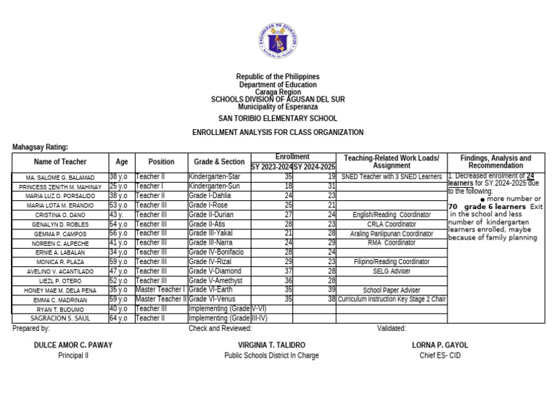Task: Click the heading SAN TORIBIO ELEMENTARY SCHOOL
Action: click(x=278, y=118)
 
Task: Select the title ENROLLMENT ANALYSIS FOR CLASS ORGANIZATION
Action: click(x=278, y=133)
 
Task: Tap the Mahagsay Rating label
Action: click(x=41, y=147)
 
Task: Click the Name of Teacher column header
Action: click(x=60, y=162)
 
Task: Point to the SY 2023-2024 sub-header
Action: click(x=272, y=167)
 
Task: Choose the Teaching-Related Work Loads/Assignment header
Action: click(x=391, y=162)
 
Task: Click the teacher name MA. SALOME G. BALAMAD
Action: click(x=60, y=177)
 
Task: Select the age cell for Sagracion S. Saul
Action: click(x=121, y=318)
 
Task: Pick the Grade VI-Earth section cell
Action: click(x=219, y=290)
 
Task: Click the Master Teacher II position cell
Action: click(x=161, y=299)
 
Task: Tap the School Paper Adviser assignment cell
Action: click(x=391, y=290)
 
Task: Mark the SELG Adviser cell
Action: click(x=391, y=271)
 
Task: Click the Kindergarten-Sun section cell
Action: click(x=219, y=186)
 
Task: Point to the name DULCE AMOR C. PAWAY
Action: click(x=73, y=345)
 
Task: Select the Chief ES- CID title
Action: click(x=440, y=356)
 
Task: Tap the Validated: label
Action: click(x=392, y=329)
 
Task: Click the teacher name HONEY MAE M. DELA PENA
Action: click(x=60, y=290)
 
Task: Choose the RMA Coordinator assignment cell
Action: click(x=391, y=243)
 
